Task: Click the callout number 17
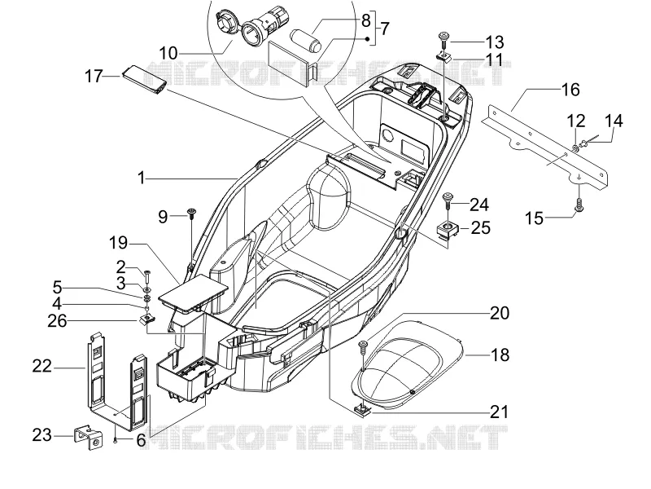(x=94, y=76)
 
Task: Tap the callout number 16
(x=570, y=90)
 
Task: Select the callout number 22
(x=42, y=366)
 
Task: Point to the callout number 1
(x=141, y=178)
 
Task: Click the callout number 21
(x=499, y=412)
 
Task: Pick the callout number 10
(x=168, y=53)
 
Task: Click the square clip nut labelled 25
(x=448, y=230)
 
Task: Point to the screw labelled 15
(x=579, y=205)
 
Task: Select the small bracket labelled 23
(x=89, y=438)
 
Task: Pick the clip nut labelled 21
(x=363, y=412)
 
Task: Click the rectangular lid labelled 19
(x=193, y=293)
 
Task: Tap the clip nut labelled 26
(x=146, y=319)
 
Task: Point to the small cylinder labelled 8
(x=306, y=40)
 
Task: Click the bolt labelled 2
(x=147, y=275)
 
